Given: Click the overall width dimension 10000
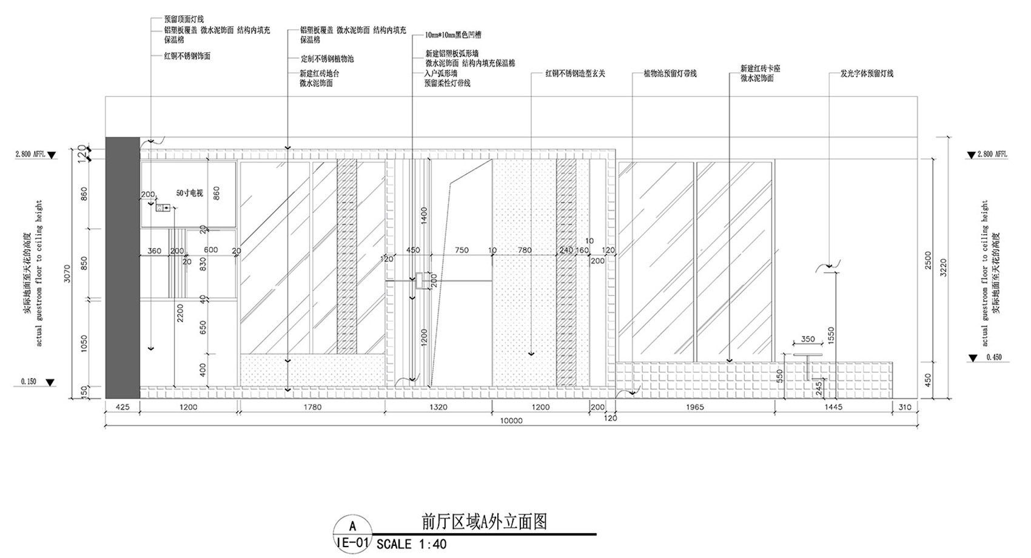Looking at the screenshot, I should [x=511, y=421].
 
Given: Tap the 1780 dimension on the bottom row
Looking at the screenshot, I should [x=312, y=407].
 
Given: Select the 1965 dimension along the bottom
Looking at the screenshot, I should [x=694, y=407].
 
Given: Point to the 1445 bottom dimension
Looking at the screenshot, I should [x=833, y=407].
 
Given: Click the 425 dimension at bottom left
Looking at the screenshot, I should [x=123, y=407].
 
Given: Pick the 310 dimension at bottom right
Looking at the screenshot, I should [x=905, y=407].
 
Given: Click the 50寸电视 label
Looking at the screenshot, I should [x=189, y=193].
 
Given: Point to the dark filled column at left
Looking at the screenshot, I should [x=123, y=267].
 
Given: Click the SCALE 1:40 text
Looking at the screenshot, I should [x=412, y=544].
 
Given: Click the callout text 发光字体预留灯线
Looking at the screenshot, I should [x=867, y=74].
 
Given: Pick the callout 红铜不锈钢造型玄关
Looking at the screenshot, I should [x=575, y=74].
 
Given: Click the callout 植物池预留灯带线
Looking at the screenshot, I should [x=670, y=74].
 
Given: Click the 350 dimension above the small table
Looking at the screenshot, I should [x=808, y=340].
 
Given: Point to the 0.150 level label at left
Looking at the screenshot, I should [x=29, y=382].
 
